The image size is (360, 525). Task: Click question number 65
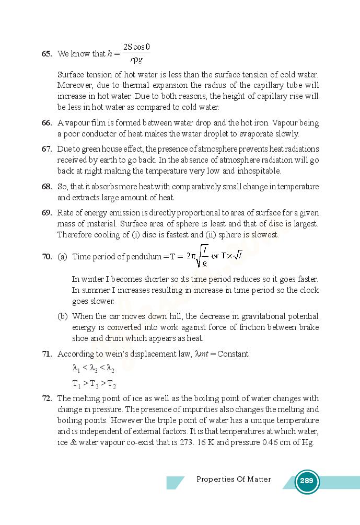[x=47, y=54]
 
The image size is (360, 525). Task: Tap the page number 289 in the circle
[x=307, y=481]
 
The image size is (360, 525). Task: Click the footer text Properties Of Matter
[x=234, y=479]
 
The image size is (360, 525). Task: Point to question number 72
[x=47, y=398]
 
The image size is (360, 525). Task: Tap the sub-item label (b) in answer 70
[x=63, y=316]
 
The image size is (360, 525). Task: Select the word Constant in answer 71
[x=233, y=354]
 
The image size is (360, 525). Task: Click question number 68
[x=47, y=187]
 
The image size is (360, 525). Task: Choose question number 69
[x=47, y=213]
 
